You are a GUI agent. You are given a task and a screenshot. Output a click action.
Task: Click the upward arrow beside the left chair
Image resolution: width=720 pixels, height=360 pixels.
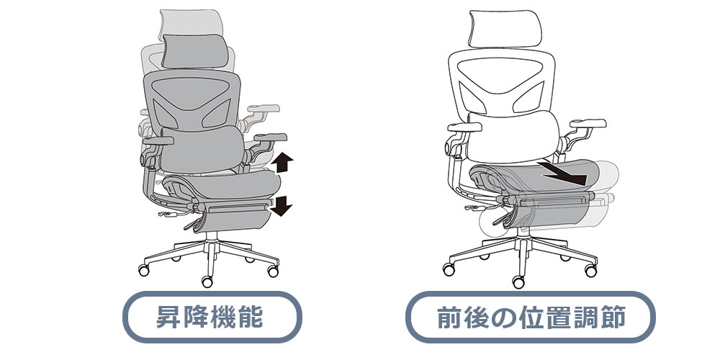pos(282,163)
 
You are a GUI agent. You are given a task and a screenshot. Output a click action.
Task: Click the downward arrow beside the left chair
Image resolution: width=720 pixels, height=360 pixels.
pos(281,206)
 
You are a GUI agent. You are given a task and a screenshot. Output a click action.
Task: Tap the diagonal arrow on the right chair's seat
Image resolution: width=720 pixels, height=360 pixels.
pos(564,173)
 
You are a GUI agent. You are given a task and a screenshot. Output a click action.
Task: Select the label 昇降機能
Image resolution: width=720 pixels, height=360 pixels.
pos(210,317)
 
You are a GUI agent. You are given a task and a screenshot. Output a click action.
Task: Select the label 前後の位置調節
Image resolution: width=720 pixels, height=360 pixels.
pos(531,318)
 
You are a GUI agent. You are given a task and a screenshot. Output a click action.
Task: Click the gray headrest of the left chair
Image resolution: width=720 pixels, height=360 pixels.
pos(194,51)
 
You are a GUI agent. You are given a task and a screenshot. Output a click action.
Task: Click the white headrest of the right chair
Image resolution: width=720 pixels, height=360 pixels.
pos(505,29)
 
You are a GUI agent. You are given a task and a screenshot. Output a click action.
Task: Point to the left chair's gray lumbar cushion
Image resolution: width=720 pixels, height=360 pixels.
pos(202,149)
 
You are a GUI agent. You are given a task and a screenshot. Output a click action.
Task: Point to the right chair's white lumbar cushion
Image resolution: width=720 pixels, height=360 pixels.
pos(513,136)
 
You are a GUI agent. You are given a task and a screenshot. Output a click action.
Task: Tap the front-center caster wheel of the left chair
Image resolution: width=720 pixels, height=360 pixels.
pos(207,282)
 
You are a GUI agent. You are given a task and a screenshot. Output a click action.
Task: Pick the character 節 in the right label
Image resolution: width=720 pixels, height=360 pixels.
pos(613,318)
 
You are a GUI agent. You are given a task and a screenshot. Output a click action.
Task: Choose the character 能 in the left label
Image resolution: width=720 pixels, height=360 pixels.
pos(251,317)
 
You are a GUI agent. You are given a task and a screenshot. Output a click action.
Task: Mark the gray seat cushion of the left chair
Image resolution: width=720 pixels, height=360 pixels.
pos(221,186)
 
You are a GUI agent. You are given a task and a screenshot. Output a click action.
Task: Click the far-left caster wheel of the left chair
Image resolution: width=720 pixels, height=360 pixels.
pos(144,271)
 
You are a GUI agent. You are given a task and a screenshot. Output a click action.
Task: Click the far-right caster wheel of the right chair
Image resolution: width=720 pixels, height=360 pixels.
pos(591,271)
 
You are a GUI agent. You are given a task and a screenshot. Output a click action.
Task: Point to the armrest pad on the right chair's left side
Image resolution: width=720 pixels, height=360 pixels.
pos(464,127)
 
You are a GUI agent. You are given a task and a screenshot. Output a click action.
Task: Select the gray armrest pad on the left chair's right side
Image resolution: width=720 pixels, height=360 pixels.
pos(271,137)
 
